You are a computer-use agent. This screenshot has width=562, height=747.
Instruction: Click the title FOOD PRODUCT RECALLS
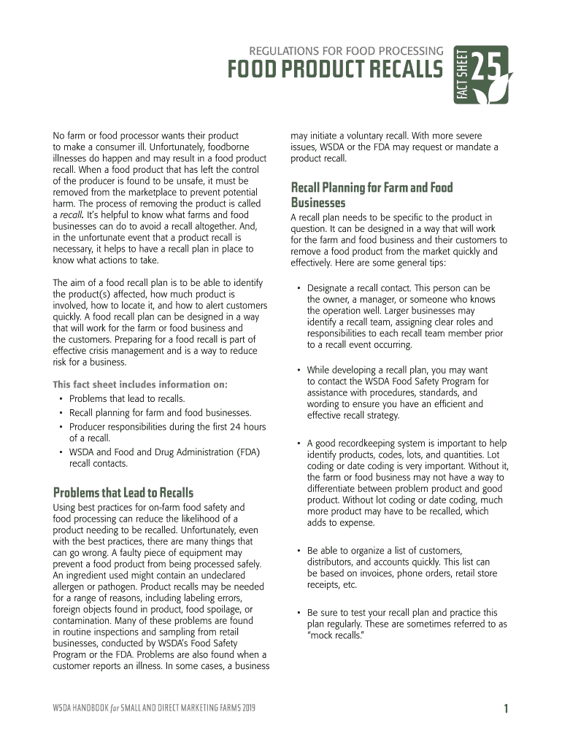(335, 71)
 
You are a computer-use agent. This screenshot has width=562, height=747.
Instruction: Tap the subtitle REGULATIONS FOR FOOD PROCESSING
(346, 51)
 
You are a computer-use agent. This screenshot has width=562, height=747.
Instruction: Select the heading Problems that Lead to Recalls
(123, 492)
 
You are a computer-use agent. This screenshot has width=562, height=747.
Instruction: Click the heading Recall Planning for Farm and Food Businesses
(372, 195)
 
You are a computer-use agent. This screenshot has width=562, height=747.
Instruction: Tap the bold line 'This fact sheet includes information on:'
(140, 384)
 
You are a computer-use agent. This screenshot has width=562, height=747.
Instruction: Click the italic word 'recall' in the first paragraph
(71, 215)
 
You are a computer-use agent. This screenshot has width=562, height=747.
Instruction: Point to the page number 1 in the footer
(505, 708)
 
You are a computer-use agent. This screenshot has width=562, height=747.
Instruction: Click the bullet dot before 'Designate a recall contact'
(299, 288)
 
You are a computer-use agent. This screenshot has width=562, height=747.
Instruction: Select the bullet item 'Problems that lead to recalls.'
(126, 398)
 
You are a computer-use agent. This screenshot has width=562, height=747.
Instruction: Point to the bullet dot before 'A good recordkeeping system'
(299, 443)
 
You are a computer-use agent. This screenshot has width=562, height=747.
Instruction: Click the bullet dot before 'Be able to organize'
(299, 551)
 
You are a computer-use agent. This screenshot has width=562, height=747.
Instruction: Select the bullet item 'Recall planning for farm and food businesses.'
(160, 413)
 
